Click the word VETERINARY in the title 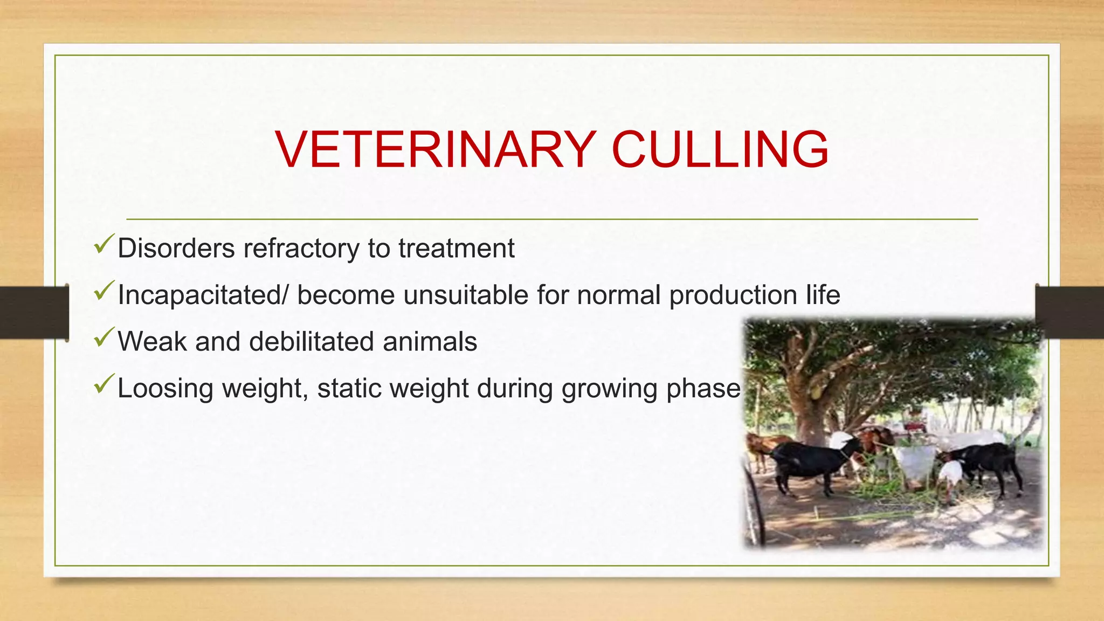(x=436, y=150)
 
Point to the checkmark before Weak (x=103, y=337)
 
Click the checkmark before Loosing (x=103, y=384)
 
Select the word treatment (x=456, y=249)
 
